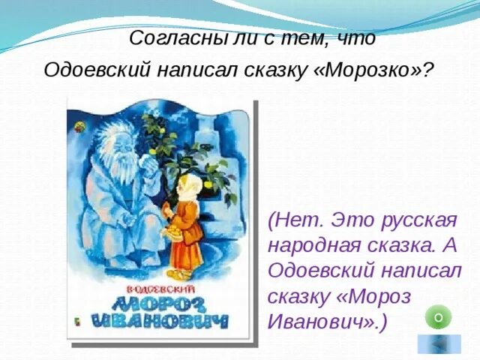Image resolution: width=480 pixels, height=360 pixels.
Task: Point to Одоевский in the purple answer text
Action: coord(316,271)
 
